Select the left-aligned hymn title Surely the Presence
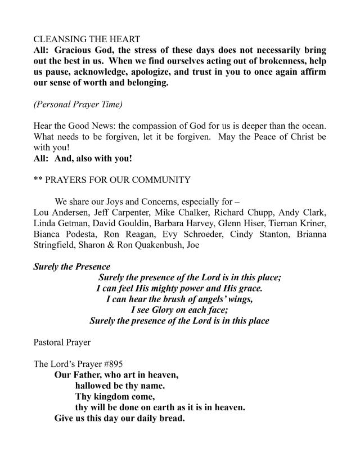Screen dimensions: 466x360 [x=71, y=267]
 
